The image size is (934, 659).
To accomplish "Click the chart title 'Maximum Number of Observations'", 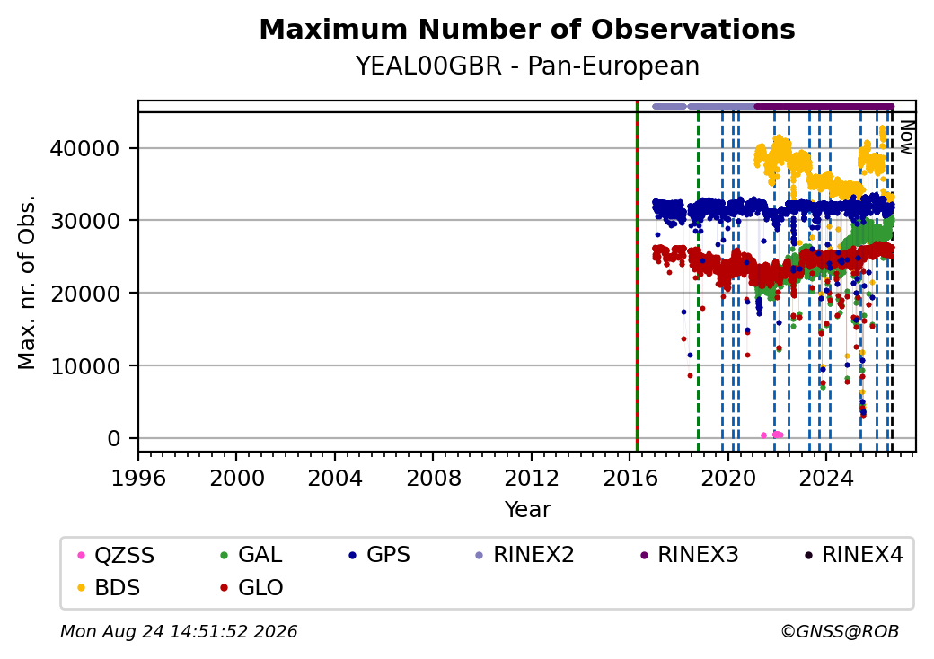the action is pos(527,29).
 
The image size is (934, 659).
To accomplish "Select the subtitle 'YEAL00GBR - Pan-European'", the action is pos(527,66).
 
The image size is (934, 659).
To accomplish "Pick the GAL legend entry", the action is pos(251,555).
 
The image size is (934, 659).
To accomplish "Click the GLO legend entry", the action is pos(252,587).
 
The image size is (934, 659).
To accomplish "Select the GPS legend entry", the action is pos(379,555).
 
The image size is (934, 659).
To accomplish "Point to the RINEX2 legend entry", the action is pos(524,555).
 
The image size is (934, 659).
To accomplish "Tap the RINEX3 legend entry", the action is pos(689,555).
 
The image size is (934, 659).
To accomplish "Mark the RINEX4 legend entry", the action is pos(853,555).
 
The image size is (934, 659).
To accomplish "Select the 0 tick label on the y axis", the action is pos(114,439).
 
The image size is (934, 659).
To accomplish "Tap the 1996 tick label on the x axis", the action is pos(138,478).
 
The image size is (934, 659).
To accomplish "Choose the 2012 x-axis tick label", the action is pos(532,478).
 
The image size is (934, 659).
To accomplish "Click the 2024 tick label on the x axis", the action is pos(826,478).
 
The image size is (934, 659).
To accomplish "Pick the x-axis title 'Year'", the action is pos(528,510).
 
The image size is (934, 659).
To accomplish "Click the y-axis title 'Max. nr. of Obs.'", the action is pos(27,282).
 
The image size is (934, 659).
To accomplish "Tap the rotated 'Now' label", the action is pos(906,137).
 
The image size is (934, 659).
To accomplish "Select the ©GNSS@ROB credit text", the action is pos(840,631).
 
